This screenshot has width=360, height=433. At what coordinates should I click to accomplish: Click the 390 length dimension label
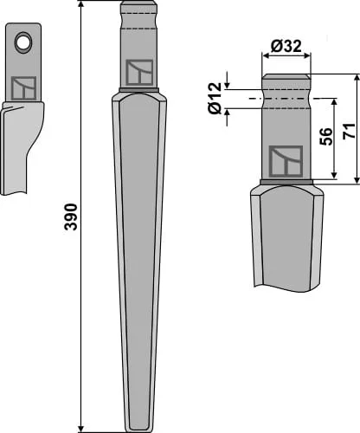[71, 216]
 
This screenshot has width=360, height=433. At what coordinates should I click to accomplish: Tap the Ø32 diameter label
[286, 46]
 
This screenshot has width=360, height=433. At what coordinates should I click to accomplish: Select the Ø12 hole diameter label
[215, 98]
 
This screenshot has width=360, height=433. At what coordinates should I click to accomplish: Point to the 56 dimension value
[325, 136]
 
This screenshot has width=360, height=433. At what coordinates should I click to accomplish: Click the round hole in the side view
[23, 42]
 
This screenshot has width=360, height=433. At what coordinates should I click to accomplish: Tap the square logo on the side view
[23, 88]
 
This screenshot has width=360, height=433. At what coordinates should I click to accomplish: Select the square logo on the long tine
[139, 73]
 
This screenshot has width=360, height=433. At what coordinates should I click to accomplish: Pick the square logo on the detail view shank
[286, 161]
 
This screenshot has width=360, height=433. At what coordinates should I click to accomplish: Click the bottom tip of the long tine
[139, 430]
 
